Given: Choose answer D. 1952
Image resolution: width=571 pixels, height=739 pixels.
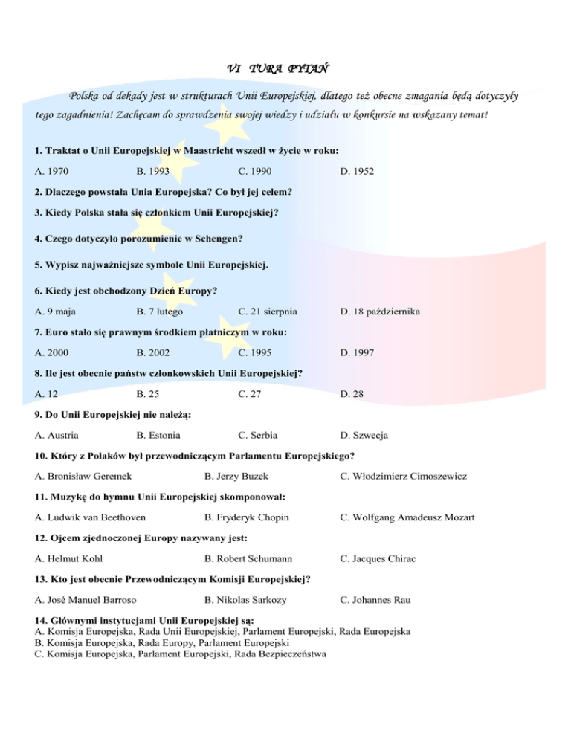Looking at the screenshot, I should (357, 172).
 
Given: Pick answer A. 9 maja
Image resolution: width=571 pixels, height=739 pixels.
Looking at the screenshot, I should (58, 312).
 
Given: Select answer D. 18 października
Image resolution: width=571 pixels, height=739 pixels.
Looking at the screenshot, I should (380, 312).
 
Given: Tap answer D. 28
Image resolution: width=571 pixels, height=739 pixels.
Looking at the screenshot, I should (352, 395).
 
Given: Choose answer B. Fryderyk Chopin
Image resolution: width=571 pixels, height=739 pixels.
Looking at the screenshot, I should (245, 517).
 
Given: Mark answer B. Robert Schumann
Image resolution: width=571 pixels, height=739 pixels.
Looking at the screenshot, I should (248, 558).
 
